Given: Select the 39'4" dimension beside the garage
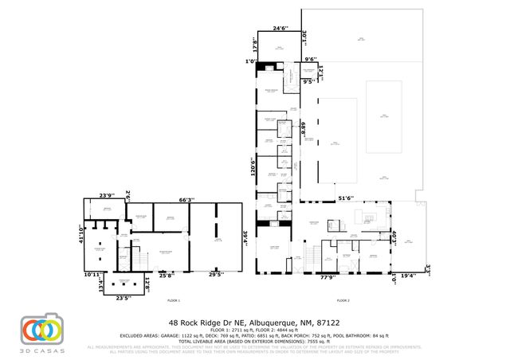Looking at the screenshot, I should coord(246,237).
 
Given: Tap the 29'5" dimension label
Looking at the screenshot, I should coord(215,275).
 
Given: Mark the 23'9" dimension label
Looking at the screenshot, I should coord(106,195).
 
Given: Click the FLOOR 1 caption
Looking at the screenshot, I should coord(174,301).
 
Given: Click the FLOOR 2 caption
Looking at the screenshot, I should coord(343,301).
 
